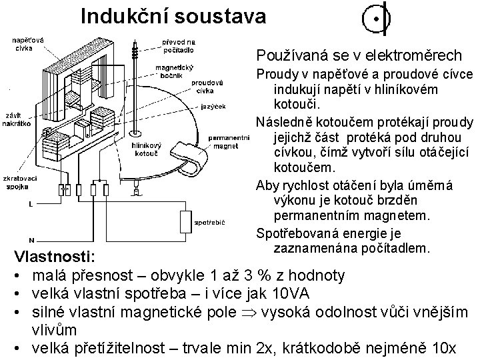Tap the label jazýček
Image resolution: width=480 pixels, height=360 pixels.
[213, 106]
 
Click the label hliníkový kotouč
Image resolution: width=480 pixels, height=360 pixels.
[145, 149]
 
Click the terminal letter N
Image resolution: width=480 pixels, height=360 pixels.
[31, 239]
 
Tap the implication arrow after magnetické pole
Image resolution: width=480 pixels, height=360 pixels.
[251, 312]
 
